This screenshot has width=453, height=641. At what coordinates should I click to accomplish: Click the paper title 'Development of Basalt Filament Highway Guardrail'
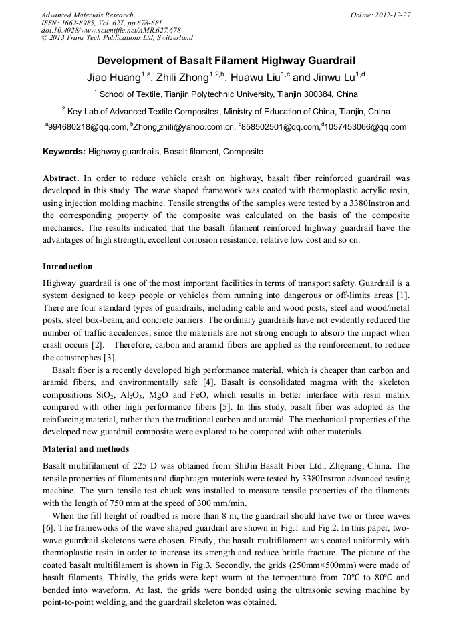click(226, 60)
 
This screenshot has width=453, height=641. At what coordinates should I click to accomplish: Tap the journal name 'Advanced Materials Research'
click(87, 15)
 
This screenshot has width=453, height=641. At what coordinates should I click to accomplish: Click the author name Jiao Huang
click(113, 78)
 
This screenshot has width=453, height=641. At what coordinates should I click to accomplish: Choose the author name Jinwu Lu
click(333, 78)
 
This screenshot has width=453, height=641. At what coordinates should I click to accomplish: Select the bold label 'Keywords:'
click(64, 152)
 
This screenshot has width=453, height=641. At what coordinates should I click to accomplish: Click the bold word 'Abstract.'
click(61, 178)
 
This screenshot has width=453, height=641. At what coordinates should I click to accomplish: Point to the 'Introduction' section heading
click(67, 267)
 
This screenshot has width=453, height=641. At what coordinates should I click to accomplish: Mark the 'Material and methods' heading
click(86, 448)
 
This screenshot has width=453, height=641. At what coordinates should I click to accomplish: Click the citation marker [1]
click(402, 295)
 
